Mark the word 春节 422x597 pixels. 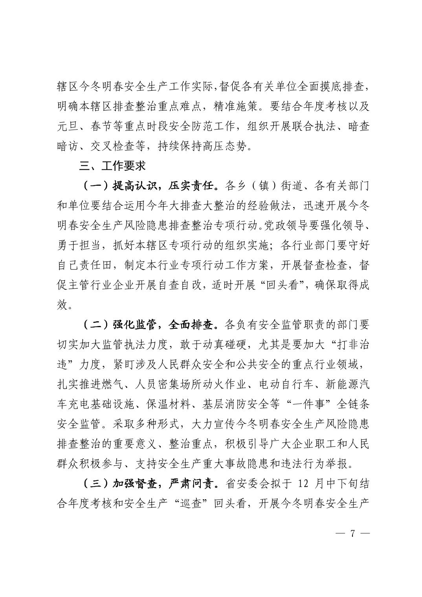point(101,126)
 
